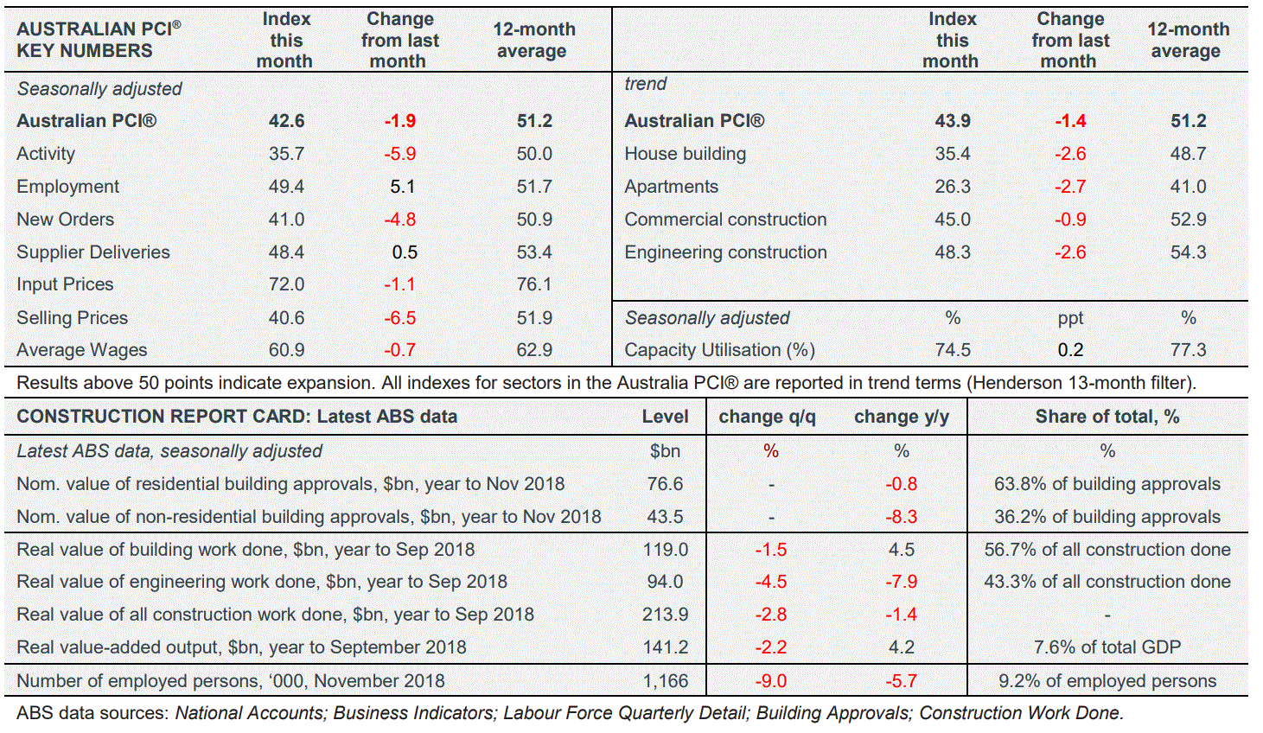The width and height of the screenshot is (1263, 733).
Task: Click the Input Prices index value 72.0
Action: click(286, 284)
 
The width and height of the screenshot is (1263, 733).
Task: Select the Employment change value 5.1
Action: click(402, 187)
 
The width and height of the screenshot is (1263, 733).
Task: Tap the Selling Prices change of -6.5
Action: click(399, 318)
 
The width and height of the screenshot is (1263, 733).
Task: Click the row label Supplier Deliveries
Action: click(93, 252)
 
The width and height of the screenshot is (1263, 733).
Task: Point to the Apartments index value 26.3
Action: click(952, 187)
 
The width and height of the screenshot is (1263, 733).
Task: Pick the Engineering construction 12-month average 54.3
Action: click(1188, 252)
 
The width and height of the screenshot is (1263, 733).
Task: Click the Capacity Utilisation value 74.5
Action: click(952, 350)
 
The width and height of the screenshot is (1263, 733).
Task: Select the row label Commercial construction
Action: click(725, 220)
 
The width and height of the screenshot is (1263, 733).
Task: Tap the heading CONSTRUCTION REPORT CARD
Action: click(161, 417)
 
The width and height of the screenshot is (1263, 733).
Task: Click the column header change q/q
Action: click(767, 417)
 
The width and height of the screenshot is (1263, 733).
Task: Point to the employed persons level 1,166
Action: click(665, 681)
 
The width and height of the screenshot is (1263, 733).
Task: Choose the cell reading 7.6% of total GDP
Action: click(1107, 647)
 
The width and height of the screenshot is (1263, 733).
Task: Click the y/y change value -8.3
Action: click(901, 517)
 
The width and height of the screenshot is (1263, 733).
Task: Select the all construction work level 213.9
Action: click(665, 615)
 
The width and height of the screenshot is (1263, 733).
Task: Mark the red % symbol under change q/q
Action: click(770, 451)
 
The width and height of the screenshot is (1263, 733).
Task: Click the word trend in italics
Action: click(646, 84)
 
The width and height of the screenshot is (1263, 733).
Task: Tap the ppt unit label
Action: click(1069, 318)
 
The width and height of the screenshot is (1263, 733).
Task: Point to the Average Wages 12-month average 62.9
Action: click(534, 350)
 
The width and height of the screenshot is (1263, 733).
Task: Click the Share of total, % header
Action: click(1107, 417)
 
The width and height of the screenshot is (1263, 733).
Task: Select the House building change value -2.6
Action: click(1069, 154)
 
